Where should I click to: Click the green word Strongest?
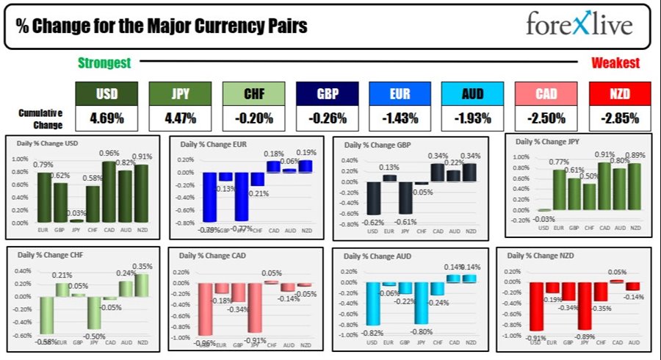[x=104, y=63]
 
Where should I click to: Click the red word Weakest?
[x=615, y=63]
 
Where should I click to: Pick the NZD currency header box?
[x=620, y=93]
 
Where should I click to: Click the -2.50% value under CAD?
[x=546, y=118]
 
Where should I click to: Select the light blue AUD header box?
[x=473, y=93]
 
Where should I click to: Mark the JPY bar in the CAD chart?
[x=255, y=312]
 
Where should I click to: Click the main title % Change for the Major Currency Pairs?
[x=161, y=26]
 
